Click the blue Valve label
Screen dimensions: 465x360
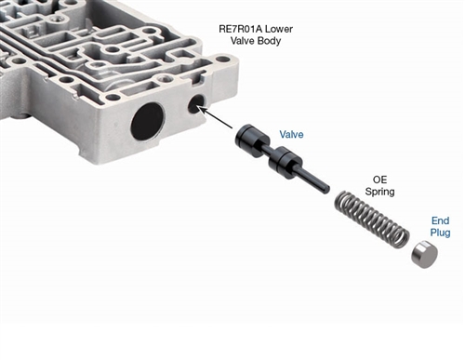(291, 134)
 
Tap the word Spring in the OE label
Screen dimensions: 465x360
(379, 192)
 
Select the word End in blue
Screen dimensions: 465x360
(440, 220)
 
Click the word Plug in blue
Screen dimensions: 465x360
(440, 233)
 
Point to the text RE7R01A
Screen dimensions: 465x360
(241, 29)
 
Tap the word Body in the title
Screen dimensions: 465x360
(269, 41)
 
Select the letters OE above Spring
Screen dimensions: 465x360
(379, 180)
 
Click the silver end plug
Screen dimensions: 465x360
(424, 255)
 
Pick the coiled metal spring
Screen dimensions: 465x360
(372, 220)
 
